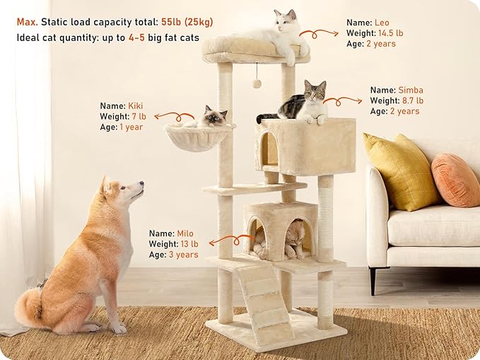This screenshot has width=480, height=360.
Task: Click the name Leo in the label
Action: [381, 23]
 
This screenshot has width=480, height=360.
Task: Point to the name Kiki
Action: [136, 106]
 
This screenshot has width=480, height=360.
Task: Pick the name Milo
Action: [185, 233]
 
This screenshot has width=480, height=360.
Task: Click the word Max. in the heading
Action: [27, 22]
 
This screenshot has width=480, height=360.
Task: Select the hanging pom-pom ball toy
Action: [257, 83]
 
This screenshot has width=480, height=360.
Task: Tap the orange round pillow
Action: [455, 180]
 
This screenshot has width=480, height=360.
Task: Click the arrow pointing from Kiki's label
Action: [172, 115]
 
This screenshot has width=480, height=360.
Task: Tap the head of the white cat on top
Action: [286, 22]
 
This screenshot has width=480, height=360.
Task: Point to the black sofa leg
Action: [373, 280]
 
